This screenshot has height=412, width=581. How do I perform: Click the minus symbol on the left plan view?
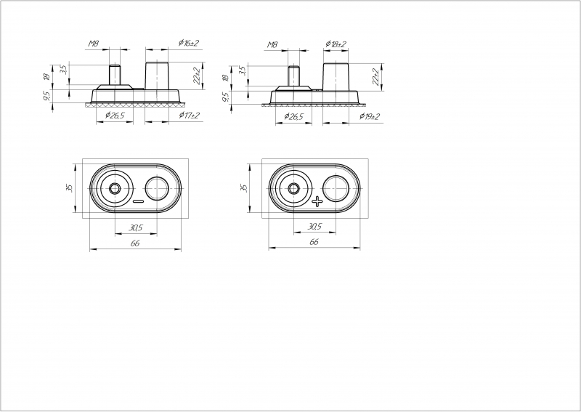pyautogui.click(x=138, y=201)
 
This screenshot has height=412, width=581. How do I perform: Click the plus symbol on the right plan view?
pyautogui.click(x=317, y=202)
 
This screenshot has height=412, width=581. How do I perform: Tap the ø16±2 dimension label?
pyautogui.click(x=189, y=43)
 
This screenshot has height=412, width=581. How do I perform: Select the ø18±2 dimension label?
pyautogui.click(x=336, y=44)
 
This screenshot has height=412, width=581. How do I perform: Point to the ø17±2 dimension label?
pyautogui.click(x=189, y=116)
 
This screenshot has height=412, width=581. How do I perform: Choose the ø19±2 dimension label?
pyautogui.click(x=370, y=116)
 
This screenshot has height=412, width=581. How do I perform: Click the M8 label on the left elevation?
pyautogui.click(x=94, y=44)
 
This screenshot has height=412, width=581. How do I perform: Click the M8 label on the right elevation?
pyautogui.click(x=273, y=45)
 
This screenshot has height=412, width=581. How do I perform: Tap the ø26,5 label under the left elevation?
pyautogui.click(x=115, y=116)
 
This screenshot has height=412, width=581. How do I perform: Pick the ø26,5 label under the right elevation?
pyautogui.click(x=293, y=116)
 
